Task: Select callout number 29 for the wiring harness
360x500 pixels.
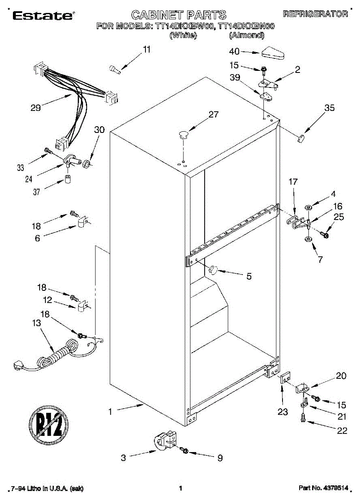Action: [x=35, y=108]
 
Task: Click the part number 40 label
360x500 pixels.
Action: [x=235, y=52]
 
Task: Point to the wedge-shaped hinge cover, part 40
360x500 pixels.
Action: [x=273, y=53]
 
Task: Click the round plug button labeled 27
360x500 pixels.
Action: [x=183, y=134]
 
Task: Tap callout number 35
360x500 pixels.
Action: [x=330, y=108]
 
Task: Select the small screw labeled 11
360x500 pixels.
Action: [x=114, y=70]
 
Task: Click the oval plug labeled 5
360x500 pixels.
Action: [x=213, y=270]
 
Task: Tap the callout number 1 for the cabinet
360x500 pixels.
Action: [x=110, y=412]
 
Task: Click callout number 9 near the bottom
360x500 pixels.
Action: [x=220, y=458]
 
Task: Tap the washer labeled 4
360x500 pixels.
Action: [x=309, y=207]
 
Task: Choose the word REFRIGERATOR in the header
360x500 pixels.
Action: [x=315, y=14]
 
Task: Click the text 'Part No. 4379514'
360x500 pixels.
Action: [x=323, y=488]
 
